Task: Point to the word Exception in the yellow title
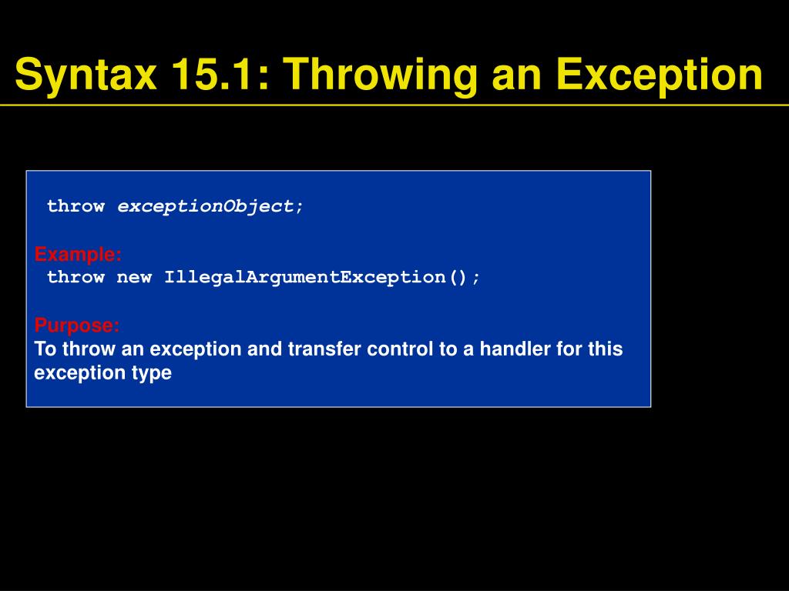point(660,75)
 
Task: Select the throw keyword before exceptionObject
point(76,206)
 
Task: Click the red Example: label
point(78,254)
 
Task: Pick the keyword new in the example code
point(134,277)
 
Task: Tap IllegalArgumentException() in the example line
point(321,277)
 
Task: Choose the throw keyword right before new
point(76,277)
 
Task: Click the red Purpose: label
point(77,326)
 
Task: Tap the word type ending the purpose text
point(152,373)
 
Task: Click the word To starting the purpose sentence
point(45,349)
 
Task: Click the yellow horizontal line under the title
point(394,105)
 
